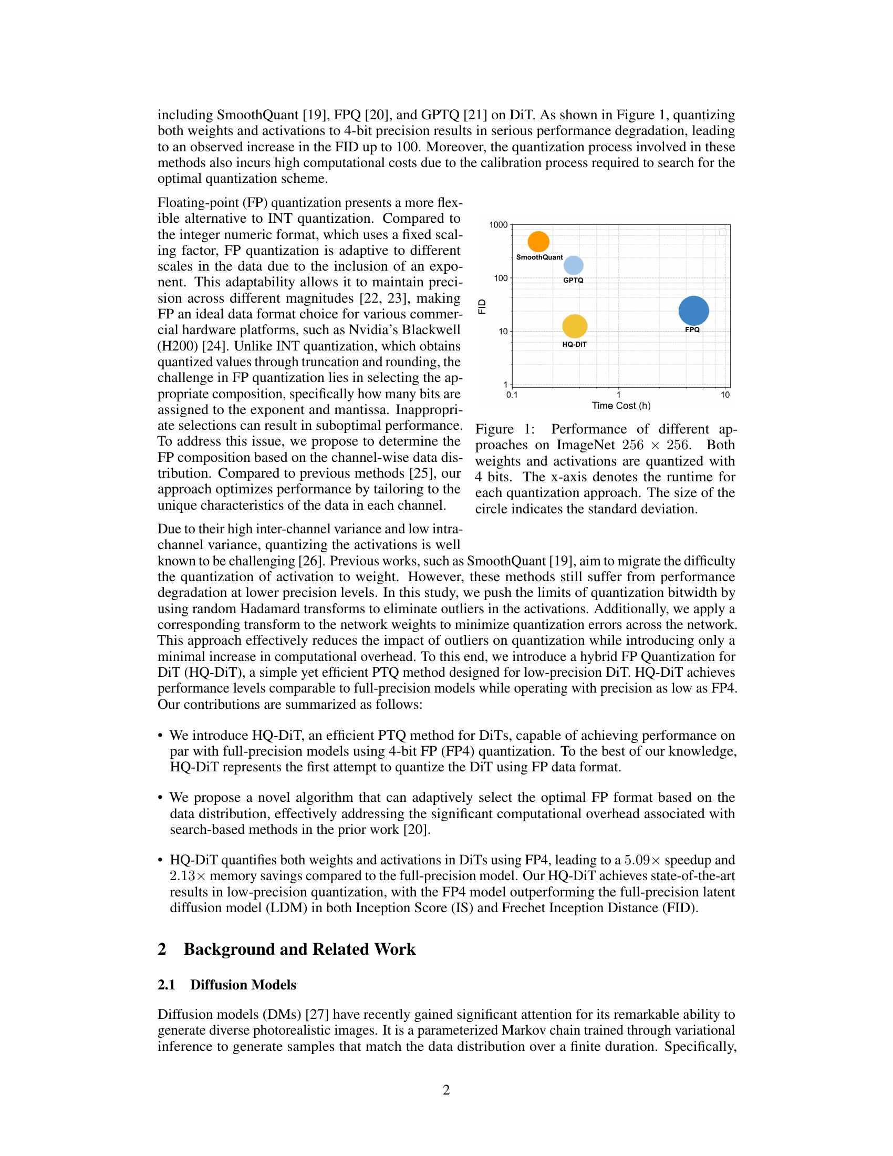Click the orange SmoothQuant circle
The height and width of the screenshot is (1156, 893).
point(538,241)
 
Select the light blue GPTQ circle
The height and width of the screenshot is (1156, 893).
point(574,265)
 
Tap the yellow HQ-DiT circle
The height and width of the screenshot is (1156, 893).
point(575,326)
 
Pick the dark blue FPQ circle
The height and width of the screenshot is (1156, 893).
point(693,311)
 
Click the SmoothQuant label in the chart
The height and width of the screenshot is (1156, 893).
point(539,257)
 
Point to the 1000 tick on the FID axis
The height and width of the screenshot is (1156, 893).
point(498,225)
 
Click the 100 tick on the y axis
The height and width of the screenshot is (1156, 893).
point(500,278)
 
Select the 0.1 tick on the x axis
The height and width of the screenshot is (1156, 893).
point(512,395)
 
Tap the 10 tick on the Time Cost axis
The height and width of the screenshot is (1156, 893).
point(725,395)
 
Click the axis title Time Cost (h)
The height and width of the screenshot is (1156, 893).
point(620,406)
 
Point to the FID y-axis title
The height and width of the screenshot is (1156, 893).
point(482,306)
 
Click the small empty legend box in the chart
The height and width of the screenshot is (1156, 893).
point(723,232)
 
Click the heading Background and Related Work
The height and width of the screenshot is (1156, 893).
point(299,949)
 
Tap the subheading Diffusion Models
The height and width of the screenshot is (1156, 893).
point(243,985)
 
